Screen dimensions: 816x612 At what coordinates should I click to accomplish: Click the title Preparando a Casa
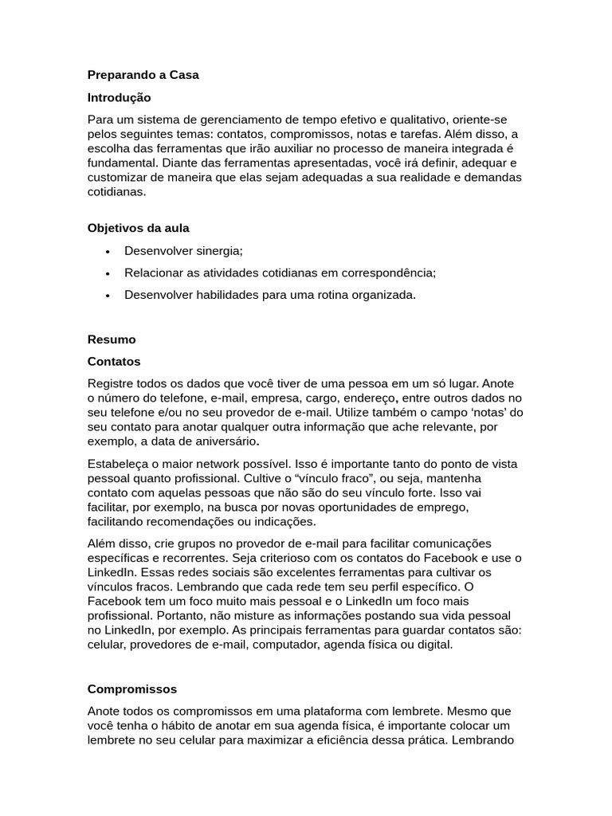click(x=143, y=75)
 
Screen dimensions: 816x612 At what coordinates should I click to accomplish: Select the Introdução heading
click(x=119, y=97)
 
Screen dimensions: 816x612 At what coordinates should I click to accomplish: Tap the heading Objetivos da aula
click(x=138, y=228)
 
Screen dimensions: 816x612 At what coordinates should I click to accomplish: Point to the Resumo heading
click(x=112, y=339)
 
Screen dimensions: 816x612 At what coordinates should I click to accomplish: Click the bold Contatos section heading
click(x=114, y=361)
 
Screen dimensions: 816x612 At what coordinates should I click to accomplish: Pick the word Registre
click(x=112, y=382)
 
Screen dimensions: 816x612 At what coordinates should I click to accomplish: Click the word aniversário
click(x=238, y=441)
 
